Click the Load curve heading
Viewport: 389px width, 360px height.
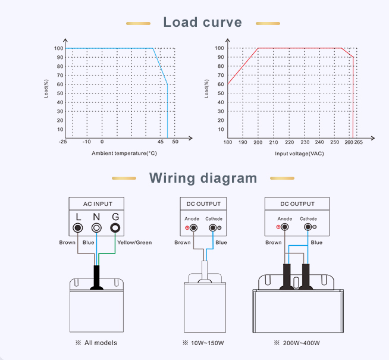click(x=202, y=23)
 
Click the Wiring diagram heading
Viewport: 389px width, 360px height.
click(x=203, y=178)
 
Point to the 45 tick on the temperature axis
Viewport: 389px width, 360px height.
click(x=161, y=142)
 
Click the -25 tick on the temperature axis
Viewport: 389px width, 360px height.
click(x=62, y=142)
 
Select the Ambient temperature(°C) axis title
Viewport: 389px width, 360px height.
click(x=124, y=154)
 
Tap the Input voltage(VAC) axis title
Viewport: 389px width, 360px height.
click(x=299, y=154)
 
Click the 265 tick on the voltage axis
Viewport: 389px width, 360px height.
click(x=359, y=142)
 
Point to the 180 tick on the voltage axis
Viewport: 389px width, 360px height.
click(x=228, y=142)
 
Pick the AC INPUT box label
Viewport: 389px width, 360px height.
click(x=95, y=204)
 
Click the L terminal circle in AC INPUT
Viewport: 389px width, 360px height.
click(x=77, y=228)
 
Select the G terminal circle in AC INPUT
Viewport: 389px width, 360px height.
click(x=115, y=228)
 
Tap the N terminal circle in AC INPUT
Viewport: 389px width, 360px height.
click(x=96, y=228)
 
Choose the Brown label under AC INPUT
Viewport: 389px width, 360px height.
click(x=67, y=242)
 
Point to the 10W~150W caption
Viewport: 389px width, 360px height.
click(x=204, y=343)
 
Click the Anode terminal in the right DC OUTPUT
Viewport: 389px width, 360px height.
click(x=286, y=227)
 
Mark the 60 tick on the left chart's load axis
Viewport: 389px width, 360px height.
click(x=60, y=84)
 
